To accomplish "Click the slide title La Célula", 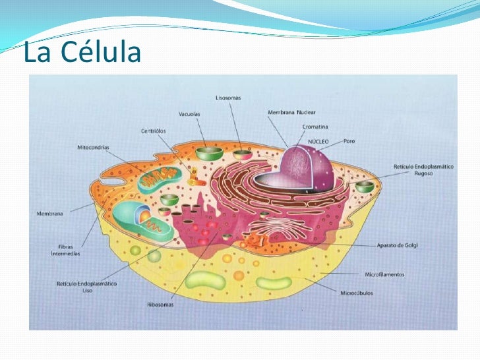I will tap(82, 52).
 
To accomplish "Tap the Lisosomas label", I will tap(228, 98).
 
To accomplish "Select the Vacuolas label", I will tap(189, 114).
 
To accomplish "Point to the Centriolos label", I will tap(153, 131).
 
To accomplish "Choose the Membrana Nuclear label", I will tap(291, 113).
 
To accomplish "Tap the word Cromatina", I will tap(315, 127).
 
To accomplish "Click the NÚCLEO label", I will tap(319, 141).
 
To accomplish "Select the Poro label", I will tap(349, 140).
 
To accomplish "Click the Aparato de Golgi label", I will tap(397, 245).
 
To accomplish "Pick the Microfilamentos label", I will tap(384, 274).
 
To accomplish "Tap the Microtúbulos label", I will tap(356, 293).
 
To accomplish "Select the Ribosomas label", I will tap(160, 305).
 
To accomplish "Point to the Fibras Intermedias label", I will tap(66, 250).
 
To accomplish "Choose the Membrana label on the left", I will tap(49, 214).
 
